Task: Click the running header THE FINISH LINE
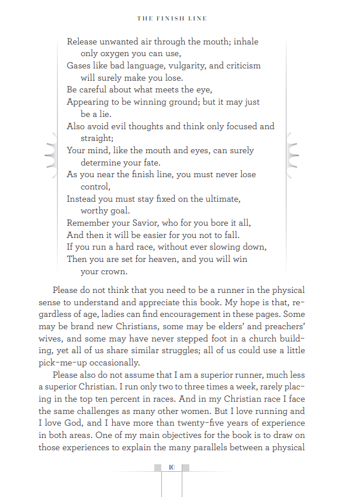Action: pyautogui.click(x=172, y=19)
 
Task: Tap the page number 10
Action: pyautogui.click(x=171, y=467)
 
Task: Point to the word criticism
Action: pyautogui.click(x=240, y=65)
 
